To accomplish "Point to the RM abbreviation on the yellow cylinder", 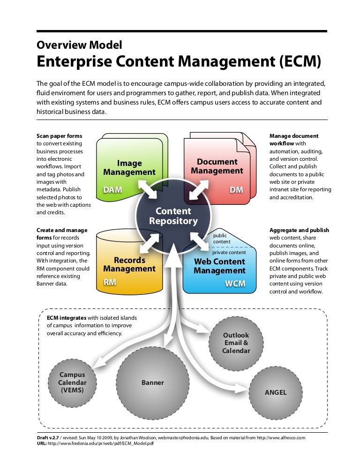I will pyautogui.click(x=110, y=282).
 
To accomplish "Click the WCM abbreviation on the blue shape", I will pyautogui.click(x=235, y=284).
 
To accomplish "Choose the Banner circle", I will pyautogui.click(x=153, y=383).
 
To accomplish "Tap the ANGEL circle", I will pyautogui.click(x=276, y=392).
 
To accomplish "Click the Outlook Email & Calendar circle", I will pyautogui.click(x=236, y=343).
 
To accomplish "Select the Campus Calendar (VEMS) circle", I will pyautogui.click(x=72, y=383).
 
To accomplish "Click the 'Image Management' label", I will pyautogui.click(x=129, y=168).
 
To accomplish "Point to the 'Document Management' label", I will pyautogui.click(x=217, y=166).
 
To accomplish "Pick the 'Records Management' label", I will pyautogui.click(x=129, y=264).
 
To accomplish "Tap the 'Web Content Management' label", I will pyautogui.click(x=219, y=266).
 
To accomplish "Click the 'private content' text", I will pyautogui.click(x=229, y=252).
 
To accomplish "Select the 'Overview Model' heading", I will pyautogui.click(x=79, y=45).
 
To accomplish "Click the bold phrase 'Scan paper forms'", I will pyautogui.click(x=59, y=136).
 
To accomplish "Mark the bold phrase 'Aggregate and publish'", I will pyautogui.click(x=299, y=230).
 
